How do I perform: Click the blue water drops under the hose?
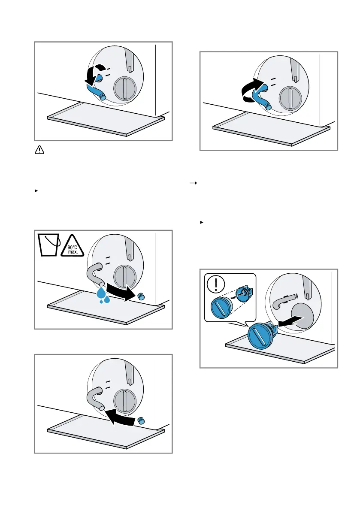click(103, 296)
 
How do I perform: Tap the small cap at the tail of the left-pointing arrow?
click(142, 420)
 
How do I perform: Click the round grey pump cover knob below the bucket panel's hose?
click(124, 274)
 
